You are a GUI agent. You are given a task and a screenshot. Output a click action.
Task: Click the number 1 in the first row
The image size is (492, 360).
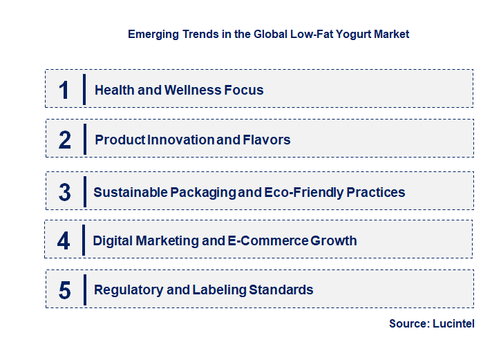(64, 90)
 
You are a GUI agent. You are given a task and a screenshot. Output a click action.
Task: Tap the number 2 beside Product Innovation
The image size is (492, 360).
(65, 140)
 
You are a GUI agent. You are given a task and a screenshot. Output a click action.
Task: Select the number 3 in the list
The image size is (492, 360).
(65, 192)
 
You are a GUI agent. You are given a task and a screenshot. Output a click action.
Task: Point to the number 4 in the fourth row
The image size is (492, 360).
(64, 241)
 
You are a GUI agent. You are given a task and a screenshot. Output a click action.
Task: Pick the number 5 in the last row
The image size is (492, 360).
(65, 290)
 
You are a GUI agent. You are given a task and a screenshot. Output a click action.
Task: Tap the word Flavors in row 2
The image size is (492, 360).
(267, 140)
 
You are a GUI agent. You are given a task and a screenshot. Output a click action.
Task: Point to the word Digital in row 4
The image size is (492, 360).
(113, 240)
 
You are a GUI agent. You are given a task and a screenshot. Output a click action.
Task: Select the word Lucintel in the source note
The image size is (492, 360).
(453, 323)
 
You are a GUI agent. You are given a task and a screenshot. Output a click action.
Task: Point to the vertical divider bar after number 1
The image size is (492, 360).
(84, 89)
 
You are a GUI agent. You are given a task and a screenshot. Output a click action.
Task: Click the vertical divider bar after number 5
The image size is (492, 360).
(84, 290)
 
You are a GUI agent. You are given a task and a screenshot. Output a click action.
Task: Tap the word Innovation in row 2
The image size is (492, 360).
(180, 140)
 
